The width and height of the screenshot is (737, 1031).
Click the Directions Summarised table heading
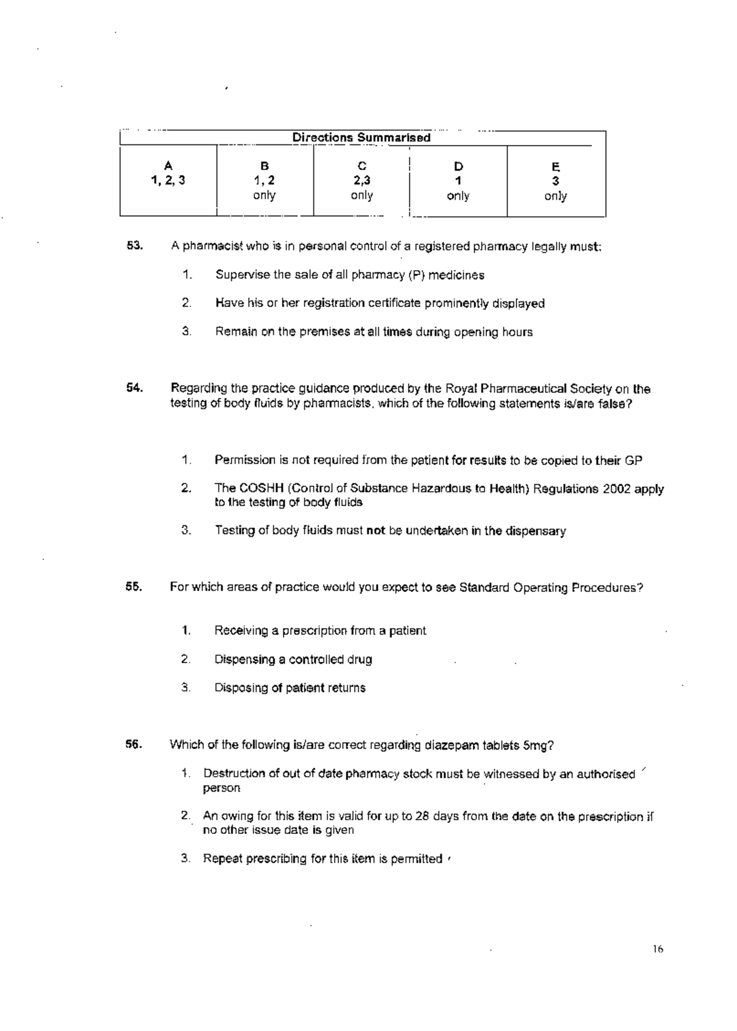click(361, 138)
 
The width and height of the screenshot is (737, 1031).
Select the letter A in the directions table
click(168, 165)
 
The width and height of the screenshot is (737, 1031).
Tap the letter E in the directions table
click(555, 166)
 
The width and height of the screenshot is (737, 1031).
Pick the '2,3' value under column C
click(362, 181)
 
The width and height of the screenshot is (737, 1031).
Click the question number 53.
click(135, 246)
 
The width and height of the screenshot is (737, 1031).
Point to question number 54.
click(135, 388)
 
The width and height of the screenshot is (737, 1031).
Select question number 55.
click(135, 587)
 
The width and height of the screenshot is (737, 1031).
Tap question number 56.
click(135, 745)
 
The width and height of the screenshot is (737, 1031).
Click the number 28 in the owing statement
click(421, 817)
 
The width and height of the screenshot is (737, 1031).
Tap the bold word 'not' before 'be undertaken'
click(375, 531)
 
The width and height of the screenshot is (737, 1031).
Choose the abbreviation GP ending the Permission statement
click(633, 460)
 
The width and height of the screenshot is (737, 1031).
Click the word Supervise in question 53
click(243, 275)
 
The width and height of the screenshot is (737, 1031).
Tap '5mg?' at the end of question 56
click(539, 745)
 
